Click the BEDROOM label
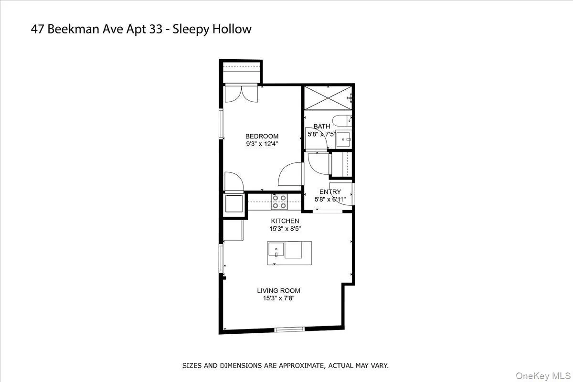[262, 136]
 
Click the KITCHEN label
[285, 221]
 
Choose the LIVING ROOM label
[278, 290]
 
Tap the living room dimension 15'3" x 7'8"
[278, 298]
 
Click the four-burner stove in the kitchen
[279, 202]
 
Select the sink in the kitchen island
[276, 249]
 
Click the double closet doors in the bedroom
[241, 94]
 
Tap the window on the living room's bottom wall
[289, 329]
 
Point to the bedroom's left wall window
[221, 125]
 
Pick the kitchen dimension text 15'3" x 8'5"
[285, 229]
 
